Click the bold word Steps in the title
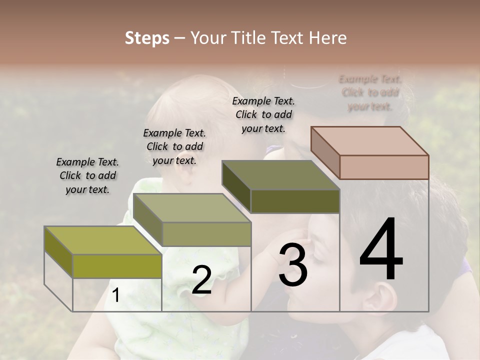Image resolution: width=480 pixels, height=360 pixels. [x=147, y=38]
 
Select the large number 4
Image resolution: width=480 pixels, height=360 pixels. [x=381, y=250]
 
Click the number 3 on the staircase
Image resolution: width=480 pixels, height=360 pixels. [x=293, y=265]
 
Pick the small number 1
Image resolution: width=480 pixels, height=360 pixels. [x=116, y=295]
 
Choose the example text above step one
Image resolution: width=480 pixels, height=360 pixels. [x=87, y=175]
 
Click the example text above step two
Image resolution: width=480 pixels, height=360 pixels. [x=174, y=146]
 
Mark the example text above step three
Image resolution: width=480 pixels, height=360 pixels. [x=263, y=114]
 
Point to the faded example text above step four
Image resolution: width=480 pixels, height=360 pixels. [x=370, y=92]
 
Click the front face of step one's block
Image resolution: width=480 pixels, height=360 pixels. [x=117, y=266]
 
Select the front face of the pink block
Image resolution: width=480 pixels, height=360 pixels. [x=384, y=167]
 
